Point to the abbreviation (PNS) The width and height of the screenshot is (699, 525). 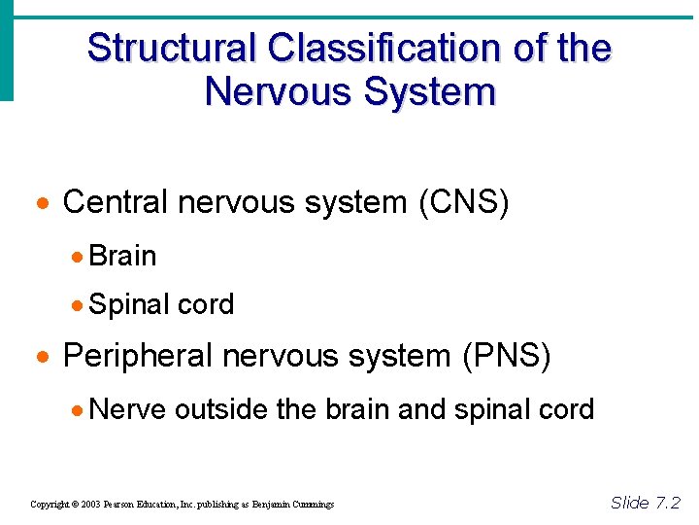(x=506, y=356)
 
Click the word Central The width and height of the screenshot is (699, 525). (x=116, y=202)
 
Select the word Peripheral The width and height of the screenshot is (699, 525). (x=137, y=356)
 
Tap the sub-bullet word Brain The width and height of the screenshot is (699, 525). (x=122, y=256)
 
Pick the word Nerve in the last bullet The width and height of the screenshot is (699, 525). (x=127, y=409)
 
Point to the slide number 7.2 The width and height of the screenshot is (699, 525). (x=669, y=503)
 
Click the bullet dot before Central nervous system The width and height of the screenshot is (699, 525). (x=42, y=204)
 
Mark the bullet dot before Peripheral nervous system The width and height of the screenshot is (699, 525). (x=42, y=358)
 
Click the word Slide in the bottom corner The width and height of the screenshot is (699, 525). (x=630, y=503)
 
